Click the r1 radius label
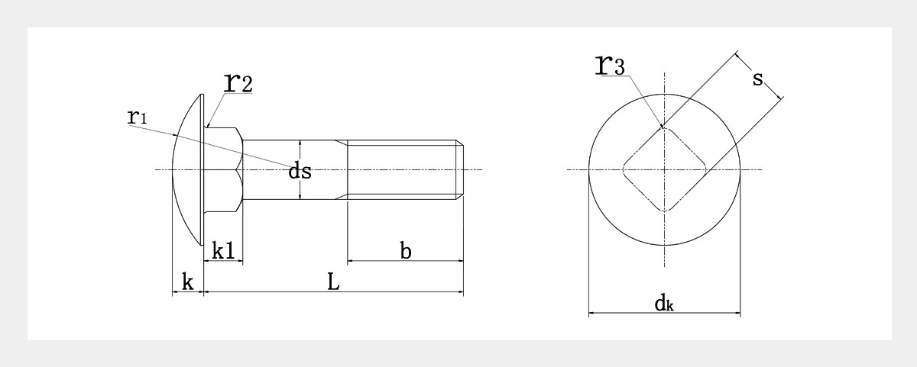[137, 117]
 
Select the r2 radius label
[237, 82]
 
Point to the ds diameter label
[300, 172]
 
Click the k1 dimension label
[222, 250]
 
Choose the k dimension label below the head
[186, 282]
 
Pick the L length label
[333, 282]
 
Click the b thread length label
[406, 250]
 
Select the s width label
[758, 78]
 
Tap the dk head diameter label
[663, 304]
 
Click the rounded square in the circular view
[664, 169]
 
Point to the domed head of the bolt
[188, 169]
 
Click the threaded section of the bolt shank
[401, 169]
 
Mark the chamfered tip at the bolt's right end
[461, 169]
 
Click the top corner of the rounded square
[664, 129]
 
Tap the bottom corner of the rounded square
[664, 210]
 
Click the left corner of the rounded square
[624, 169]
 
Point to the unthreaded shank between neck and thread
[294, 153]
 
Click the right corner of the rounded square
[705, 169]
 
